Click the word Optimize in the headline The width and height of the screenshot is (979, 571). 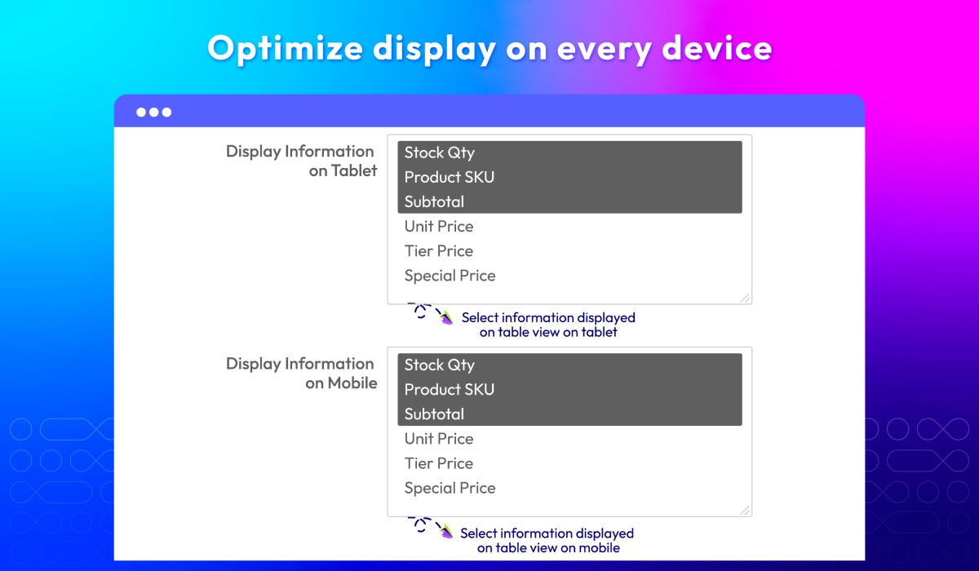tap(285, 49)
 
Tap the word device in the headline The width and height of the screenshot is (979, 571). tap(717, 48)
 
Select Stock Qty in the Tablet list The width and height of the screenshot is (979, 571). tap(439, 153)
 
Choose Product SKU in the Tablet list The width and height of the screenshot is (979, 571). tap(450, 177)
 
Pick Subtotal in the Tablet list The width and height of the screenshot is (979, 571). tap(434, 201)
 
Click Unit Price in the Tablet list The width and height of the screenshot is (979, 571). tap(439, 226)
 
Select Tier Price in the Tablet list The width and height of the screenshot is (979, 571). tap(439, 250)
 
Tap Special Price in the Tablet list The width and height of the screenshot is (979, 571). tap(450, 276)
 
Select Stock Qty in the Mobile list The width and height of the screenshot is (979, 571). tap(439, 365)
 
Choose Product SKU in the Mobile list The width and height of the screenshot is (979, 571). tap(450, 390)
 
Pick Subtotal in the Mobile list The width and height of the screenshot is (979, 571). tap(434, 414)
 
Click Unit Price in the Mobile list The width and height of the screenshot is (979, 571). tap(439, 439)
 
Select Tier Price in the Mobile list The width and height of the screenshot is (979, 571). tap(439, 463)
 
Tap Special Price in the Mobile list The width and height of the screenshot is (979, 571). tap(450, 488)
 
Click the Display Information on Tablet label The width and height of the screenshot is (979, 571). tap(301, 161)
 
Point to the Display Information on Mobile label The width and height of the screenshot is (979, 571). tap(301, 373)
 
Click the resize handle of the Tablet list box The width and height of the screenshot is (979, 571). tap(745, 298)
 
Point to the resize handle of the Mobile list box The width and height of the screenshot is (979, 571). tap(745, 511)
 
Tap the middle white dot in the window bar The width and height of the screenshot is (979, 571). tap(154, 113)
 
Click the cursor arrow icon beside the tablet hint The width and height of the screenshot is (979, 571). tap(446, 317)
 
